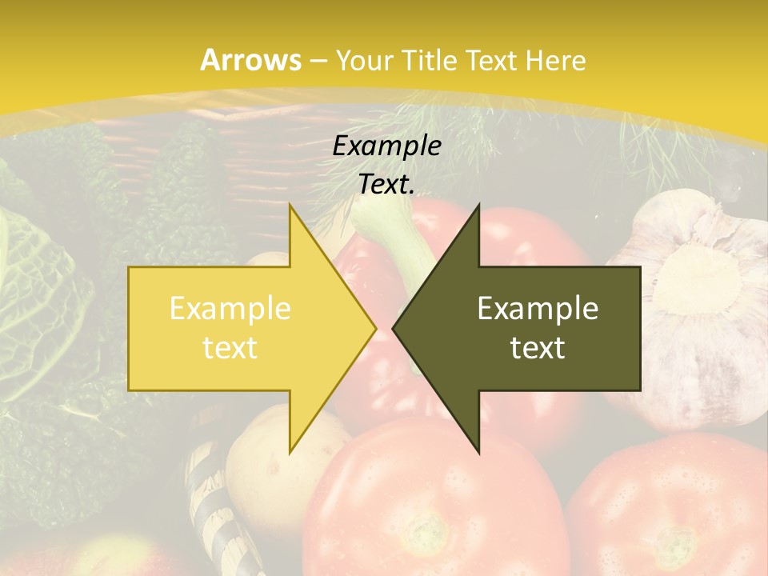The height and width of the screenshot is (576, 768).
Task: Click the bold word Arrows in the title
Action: coord(251,60)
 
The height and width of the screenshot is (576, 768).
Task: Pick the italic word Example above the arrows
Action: coord(386,146)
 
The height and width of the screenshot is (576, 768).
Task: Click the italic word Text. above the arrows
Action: coord(386,184)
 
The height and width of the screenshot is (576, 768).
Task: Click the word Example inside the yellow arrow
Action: coord(230,309)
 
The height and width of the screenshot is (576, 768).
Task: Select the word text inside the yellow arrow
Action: coord(230,347)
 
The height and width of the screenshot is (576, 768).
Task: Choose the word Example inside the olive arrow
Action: coord(538,309)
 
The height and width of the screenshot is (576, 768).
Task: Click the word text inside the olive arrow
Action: coord(538,347)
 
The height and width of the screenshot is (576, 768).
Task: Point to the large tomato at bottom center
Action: coord(432,504)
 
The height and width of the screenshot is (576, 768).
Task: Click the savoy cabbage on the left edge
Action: coord(36,288)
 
